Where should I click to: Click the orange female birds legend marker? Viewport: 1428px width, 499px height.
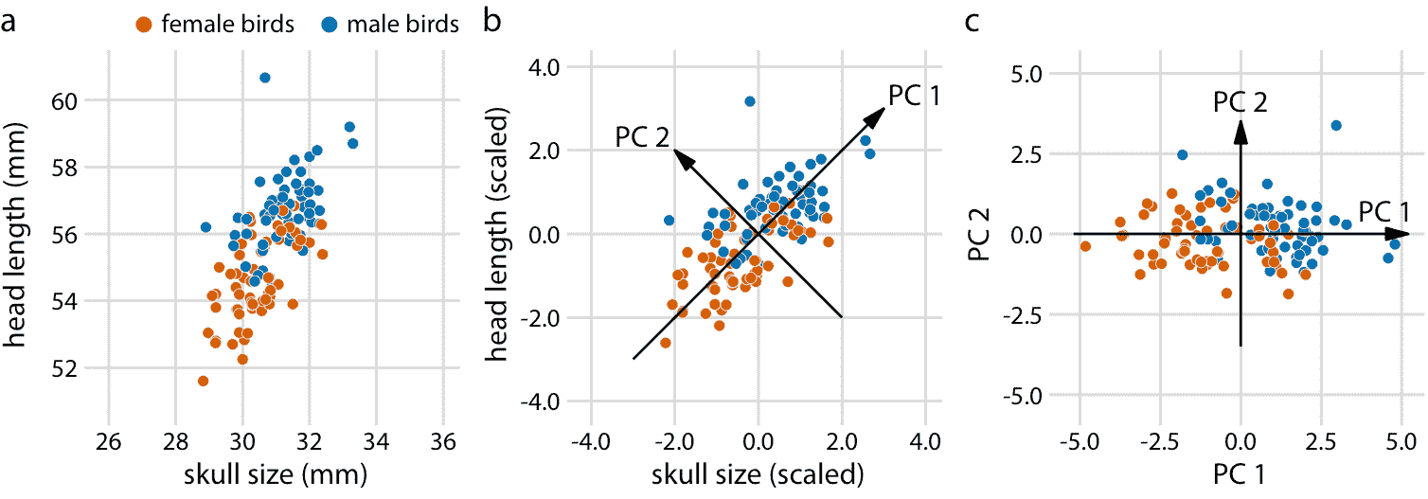point(144,26)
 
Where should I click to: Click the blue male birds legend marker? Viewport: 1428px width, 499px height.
point(330,26)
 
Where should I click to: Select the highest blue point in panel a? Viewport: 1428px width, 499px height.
point(264,78)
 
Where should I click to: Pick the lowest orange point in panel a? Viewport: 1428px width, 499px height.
point(204,381)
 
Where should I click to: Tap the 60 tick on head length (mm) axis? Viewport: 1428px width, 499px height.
point(64,101)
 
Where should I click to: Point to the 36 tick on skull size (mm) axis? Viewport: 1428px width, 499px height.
point(443,441)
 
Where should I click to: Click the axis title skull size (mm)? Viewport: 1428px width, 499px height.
point(277,474)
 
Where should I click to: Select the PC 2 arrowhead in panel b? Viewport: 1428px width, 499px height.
point(683,158)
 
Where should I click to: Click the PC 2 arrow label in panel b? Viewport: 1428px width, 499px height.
point(642,137)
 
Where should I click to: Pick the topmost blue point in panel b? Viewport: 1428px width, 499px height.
point(750,101)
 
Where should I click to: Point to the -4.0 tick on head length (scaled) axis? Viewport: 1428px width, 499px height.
point(540,401)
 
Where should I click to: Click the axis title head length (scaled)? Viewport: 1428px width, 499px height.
point(496,235)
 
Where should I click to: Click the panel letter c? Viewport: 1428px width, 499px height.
point(972,22)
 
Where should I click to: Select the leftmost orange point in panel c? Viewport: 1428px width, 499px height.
point(1085,246)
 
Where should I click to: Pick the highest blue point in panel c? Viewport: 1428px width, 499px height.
point(1336,126)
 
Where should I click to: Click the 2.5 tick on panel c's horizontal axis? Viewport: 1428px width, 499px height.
point(1320,441)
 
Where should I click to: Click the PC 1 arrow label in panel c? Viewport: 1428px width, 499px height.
point(1383,211)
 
